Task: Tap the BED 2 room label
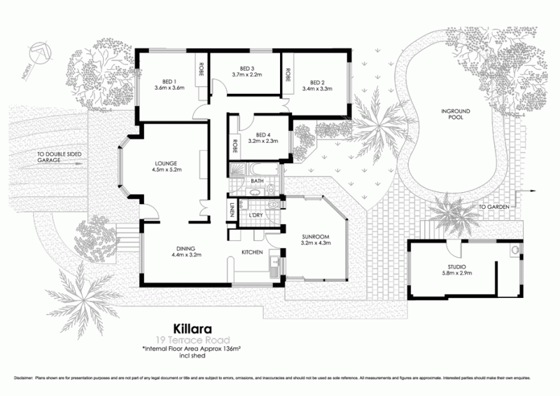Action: (x=317, y=81)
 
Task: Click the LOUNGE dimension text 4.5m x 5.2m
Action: (x=167, y=170)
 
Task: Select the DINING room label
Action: (x=186, y=247)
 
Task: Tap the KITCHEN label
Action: (x=252, y=252)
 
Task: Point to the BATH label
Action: (x=257, y=182)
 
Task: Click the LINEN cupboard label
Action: (x=232, y=210)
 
